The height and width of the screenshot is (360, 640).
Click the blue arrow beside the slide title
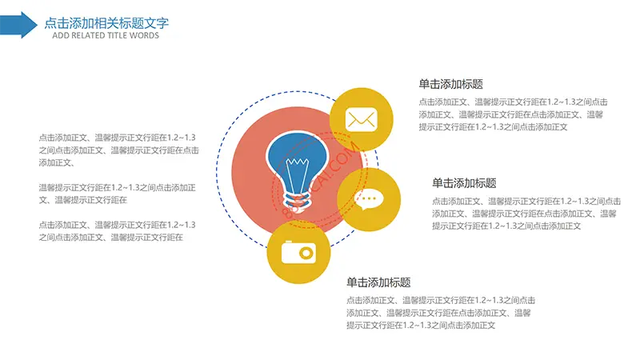[18, 25]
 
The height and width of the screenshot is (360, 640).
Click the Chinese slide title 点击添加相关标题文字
[106, 23]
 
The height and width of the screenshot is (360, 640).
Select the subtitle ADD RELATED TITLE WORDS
[106, 35]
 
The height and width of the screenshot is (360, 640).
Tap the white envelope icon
[362, 119]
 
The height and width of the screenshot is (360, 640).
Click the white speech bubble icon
[369, 200]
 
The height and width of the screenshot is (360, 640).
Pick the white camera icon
[298, 252]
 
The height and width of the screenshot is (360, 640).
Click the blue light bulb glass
[297, 162]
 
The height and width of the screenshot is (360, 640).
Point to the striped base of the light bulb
[297, 201]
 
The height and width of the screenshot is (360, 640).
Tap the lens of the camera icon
[306, 254]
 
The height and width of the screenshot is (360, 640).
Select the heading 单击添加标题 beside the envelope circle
[450, 85]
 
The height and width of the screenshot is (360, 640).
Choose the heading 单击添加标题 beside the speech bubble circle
[464, 183]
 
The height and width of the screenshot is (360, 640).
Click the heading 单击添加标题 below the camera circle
[378, 282]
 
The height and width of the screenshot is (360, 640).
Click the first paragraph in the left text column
[118, 150]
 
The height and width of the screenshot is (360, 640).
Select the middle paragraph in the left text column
[118, 194]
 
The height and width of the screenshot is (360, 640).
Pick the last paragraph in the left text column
[118, 231]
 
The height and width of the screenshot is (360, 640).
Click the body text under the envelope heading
[513, 114]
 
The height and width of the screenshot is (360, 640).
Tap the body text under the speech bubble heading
[526, 214]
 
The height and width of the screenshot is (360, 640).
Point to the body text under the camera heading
[441, 313]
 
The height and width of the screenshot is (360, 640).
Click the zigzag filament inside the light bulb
[297, 162]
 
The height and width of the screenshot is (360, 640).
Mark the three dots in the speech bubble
[369, 198]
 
